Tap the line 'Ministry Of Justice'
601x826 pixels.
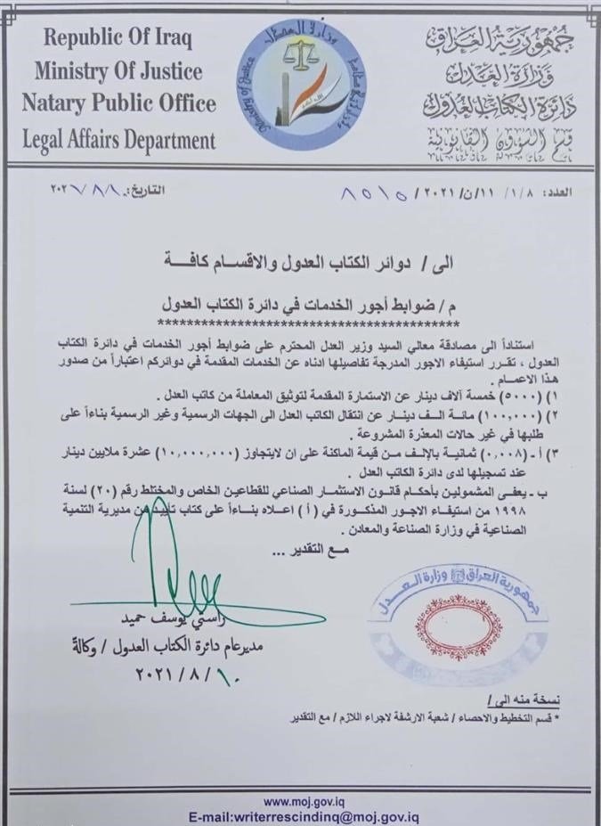[x=118, y=70]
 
